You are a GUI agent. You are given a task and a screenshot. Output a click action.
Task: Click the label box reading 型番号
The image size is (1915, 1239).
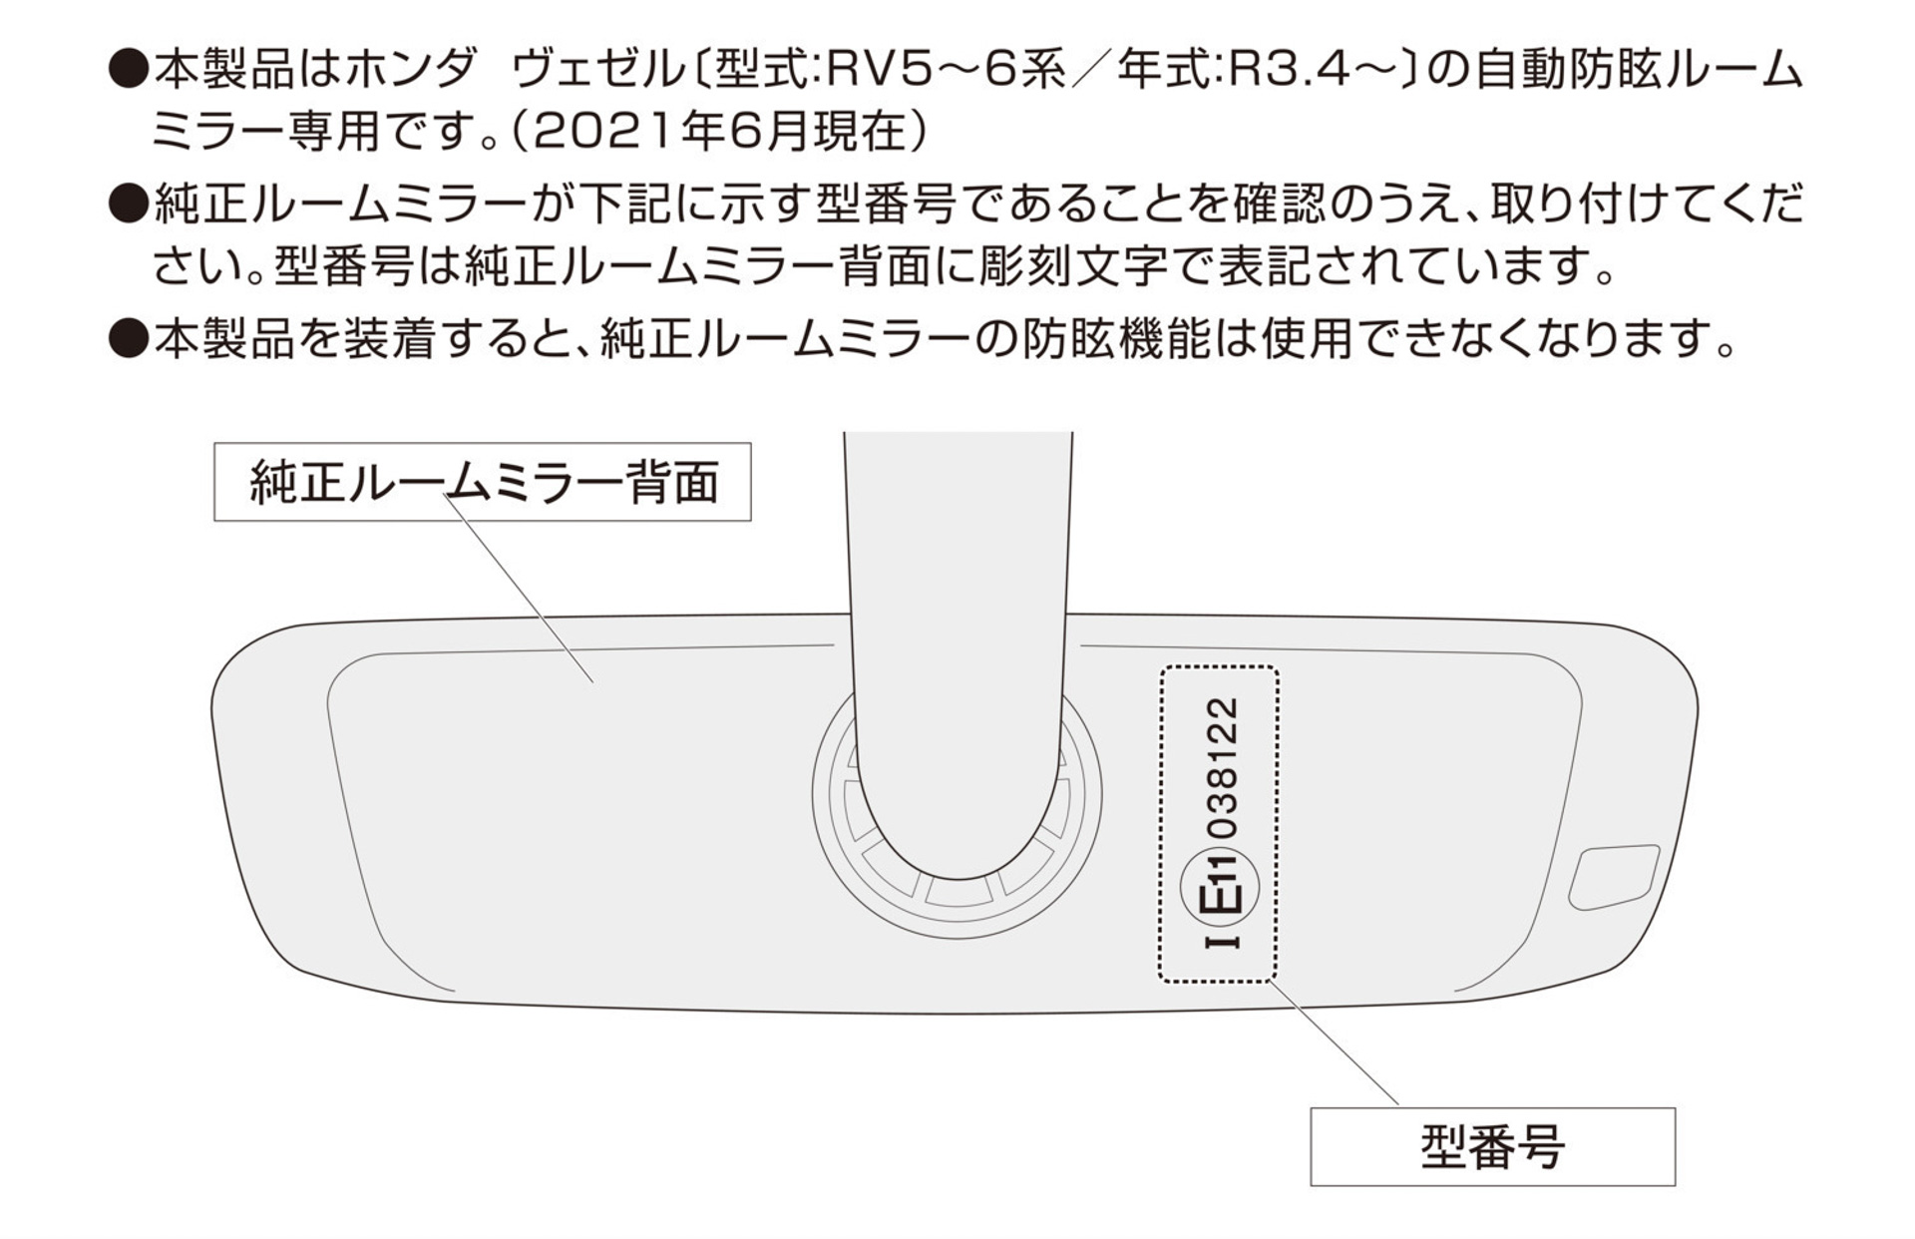pos(1492,1146)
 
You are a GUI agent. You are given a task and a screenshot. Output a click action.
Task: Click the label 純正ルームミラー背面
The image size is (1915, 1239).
pos(483,482)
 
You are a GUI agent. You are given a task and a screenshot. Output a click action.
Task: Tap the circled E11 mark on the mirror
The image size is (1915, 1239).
pos(1219,887)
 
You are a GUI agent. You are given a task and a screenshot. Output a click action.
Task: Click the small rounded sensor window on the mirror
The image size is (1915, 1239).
pos(1614,877)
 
